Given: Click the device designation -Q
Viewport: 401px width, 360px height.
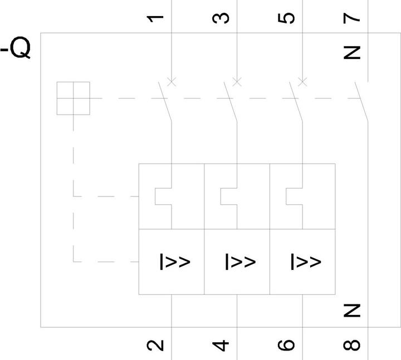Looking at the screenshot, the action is [16, 48].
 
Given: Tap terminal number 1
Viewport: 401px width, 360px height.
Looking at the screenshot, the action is [155, 19].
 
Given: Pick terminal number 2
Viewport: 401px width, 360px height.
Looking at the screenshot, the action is [155, 345].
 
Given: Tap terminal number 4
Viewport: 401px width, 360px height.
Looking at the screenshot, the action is [221, 345].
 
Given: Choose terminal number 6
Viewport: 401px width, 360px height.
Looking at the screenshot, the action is [286, 345].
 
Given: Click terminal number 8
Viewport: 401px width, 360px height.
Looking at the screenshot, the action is [351, 345].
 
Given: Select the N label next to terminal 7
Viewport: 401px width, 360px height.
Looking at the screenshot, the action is [351, 53].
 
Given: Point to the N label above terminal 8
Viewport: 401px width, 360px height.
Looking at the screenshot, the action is [351, 310].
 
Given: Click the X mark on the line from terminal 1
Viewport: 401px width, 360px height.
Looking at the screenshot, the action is [172, 82].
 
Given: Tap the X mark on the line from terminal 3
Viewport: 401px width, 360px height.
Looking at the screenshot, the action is [237, 82].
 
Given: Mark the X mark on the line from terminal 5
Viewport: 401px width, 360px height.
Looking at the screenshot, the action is [302, 82].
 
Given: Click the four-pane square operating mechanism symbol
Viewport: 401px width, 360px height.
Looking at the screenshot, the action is [73, 98].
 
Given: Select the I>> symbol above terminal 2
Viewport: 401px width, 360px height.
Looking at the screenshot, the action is [175, 262].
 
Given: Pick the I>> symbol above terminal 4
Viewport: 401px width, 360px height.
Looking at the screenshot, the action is [241, 262].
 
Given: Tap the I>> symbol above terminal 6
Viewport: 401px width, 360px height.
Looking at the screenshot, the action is [306, 262].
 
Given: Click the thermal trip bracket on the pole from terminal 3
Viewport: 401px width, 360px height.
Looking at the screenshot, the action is [221, 196].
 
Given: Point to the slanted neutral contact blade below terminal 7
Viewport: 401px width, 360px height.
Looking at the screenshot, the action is [361, 101].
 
